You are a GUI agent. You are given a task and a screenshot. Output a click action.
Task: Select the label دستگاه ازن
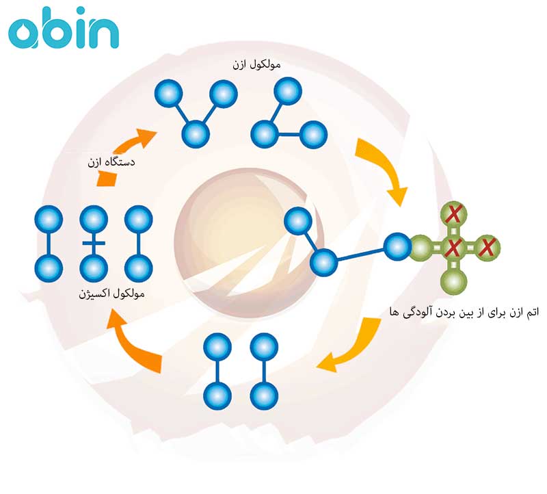pyautogui.click(x=111, y=163)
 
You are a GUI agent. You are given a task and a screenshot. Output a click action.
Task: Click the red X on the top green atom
pyautogui.click(x=452, y=214)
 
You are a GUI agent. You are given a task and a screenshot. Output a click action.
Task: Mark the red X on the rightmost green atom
pyautogui.click(x=486, y=247)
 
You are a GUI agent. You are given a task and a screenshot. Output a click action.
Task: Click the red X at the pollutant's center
pyautogui.click(x=452, y=247)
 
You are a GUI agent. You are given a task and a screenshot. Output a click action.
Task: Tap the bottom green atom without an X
pyautogui.click(x=452, y=281)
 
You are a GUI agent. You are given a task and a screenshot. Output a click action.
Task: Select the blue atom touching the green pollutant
pyautogui.click(x=397, y=246)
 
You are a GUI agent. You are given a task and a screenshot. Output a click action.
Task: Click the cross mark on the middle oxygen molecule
pyautogui.click(x=94, y=243)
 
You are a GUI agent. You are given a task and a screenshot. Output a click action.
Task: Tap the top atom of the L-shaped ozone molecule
pyautogui.click(x=287, y=91)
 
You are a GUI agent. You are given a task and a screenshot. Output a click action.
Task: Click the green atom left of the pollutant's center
pyautogui.click(x=422, y=247)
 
